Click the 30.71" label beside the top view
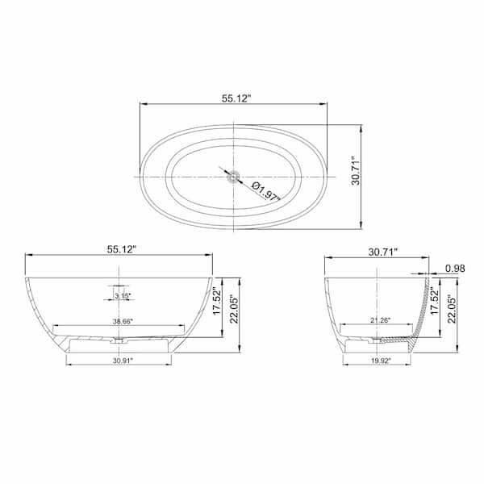[356, 170]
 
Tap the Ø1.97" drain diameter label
[265, 192]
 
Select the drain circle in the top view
[234, 177]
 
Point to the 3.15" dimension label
[123, 296]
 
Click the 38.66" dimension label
[123, 321]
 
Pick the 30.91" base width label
[123, 361]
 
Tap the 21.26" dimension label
[381, 320]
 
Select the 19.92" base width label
[381, 361]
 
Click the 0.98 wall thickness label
[455, 269]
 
